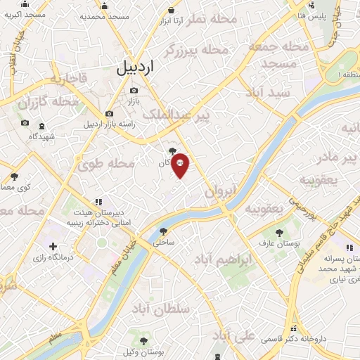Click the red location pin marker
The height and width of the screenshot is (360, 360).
coord(180,165)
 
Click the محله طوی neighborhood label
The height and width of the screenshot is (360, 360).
coord(105,164)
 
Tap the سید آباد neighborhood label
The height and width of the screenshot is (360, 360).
coord(269,92)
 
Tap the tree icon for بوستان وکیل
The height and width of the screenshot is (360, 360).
coord(144,340)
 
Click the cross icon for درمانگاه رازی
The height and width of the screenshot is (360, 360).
coord(53,247)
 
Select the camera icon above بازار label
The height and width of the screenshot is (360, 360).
coord(134,90)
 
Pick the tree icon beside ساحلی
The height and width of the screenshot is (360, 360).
coord(164,231)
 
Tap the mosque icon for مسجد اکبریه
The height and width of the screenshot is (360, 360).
coord(26,4)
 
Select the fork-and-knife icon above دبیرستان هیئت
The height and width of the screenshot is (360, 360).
coord(98,200)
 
